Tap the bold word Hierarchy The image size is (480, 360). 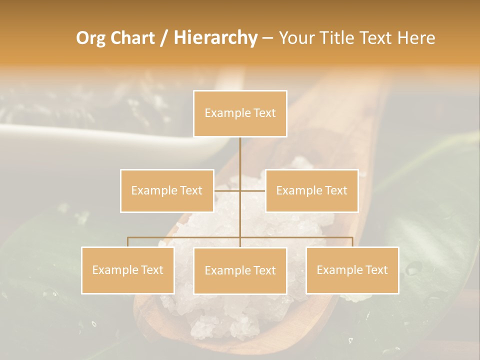click(215, 38)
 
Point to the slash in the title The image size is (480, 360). click(163, 38)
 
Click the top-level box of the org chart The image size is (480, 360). click(240, 113)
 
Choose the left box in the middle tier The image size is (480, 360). click(167, 190)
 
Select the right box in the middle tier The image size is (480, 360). click(311, 190)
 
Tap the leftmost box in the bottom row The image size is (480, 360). click(127, 270)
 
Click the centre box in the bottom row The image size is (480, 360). click(240, 270)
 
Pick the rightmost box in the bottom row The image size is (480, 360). click(352, 270)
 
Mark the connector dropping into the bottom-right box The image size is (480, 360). click(352, 242)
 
